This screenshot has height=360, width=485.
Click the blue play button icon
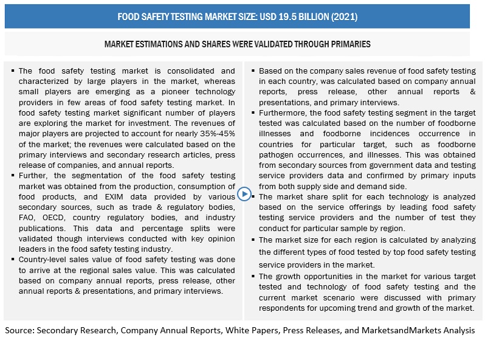244,194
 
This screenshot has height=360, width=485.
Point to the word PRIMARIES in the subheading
346,44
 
